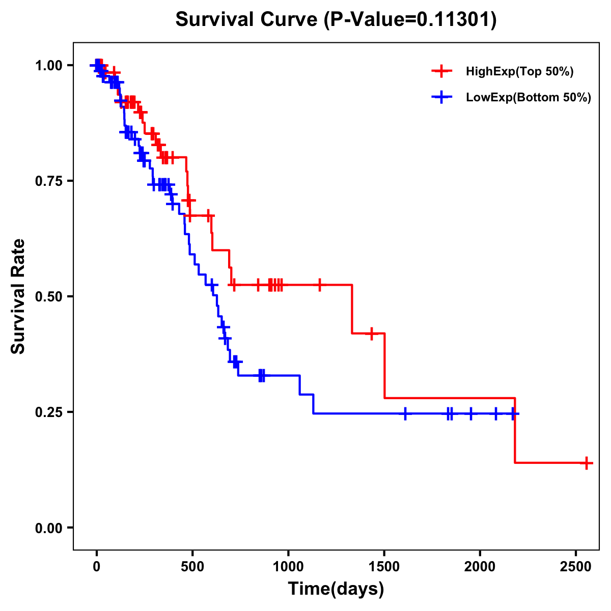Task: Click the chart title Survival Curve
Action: (336, 20)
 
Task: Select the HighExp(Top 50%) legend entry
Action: (519, 72)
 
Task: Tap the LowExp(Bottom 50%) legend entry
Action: (528, 98)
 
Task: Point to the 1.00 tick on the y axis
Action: (48, 66)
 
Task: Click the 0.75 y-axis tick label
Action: (48, 181)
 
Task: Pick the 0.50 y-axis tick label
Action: (48, 297)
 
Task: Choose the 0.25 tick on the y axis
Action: (48, 412)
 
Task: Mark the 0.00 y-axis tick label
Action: (48, 528)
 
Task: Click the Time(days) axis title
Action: (336, 589)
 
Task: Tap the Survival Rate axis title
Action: (18, 296)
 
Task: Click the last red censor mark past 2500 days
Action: (587, 463)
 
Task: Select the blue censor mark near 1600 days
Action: (405, 413)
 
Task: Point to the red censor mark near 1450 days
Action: (372, 334)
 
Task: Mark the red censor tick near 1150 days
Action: (320, 285)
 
